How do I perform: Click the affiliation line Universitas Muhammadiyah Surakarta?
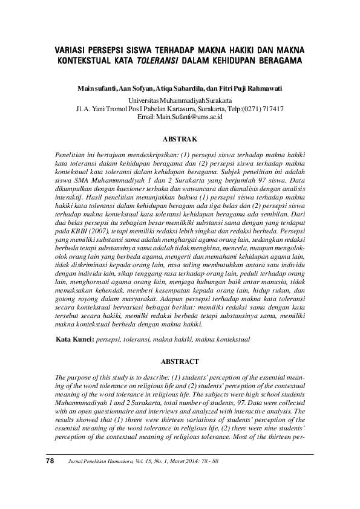(x=180, y=100)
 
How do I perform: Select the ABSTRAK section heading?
(x=180, y=138)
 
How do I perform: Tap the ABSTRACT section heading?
(x=180, y=361)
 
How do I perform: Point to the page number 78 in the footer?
(x=50, y=461)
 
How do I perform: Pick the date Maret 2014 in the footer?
(x=182, y=461)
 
